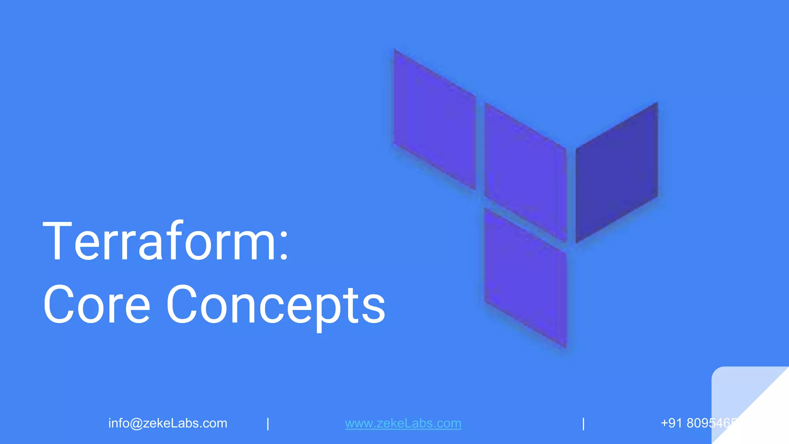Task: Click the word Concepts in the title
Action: (x=275, y=304)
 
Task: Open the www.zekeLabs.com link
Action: (x=403, y=423)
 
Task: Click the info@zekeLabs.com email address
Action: (x=168, y=423)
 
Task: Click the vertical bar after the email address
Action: (x=268, y=424)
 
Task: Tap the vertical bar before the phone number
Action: (x=583, y=424)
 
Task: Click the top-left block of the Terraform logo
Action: (x=435, y=119)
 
